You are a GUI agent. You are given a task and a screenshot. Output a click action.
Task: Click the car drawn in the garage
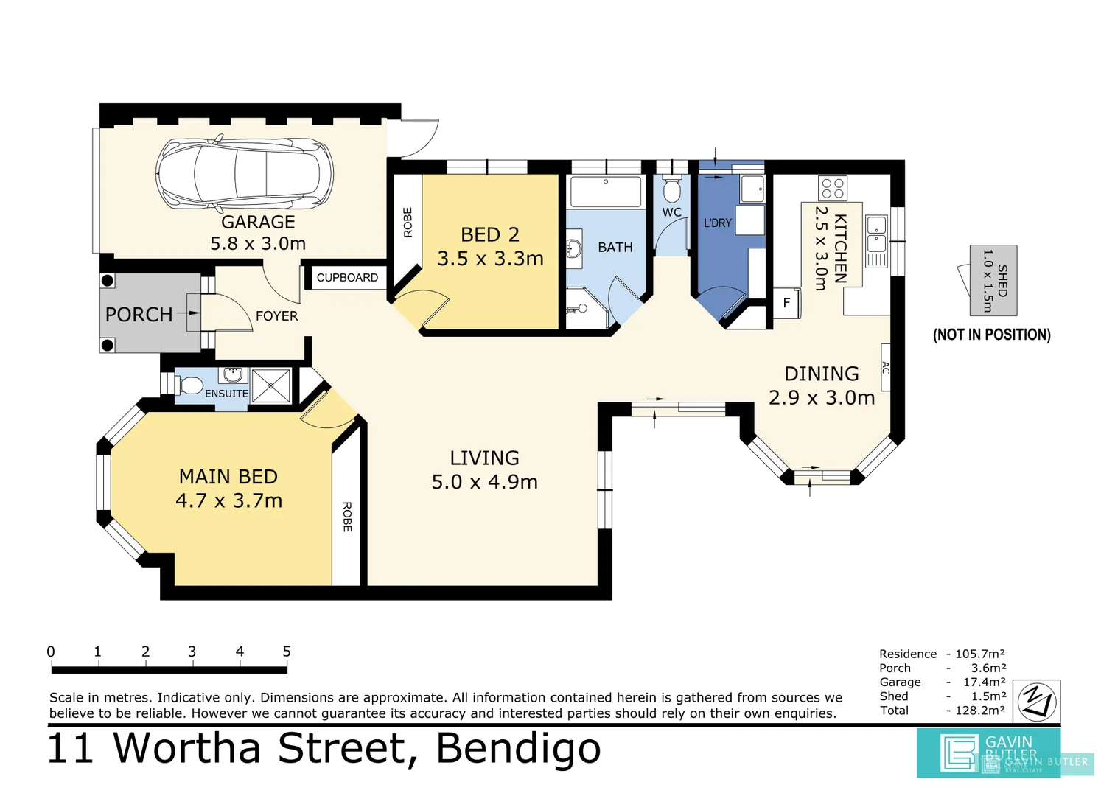point(245,172)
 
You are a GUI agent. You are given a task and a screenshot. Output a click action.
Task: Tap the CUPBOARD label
point(347,278)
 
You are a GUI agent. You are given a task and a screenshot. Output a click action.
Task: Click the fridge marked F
point(786,303)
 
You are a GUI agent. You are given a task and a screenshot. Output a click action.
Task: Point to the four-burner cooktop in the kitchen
point(833,189)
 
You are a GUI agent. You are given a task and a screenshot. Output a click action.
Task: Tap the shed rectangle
point(993,280)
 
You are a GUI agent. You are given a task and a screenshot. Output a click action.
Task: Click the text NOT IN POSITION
point(991,335)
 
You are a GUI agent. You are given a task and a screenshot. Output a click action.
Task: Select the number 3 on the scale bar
point(192,652)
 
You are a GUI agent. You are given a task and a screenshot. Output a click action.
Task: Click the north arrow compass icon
point(1037,702)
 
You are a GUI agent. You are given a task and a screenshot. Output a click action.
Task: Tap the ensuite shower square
point(270,385)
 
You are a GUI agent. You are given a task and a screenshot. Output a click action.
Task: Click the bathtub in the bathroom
point(606,192)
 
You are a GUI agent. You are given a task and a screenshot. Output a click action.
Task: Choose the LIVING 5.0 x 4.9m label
point(484,470)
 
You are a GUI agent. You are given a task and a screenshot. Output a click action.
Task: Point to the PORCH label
point(139,315)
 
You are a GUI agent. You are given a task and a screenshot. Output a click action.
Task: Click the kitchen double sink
point(876,240)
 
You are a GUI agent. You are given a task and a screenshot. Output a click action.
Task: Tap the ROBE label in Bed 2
point(408,223)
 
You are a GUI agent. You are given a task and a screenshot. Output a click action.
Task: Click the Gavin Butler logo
point(988,753)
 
